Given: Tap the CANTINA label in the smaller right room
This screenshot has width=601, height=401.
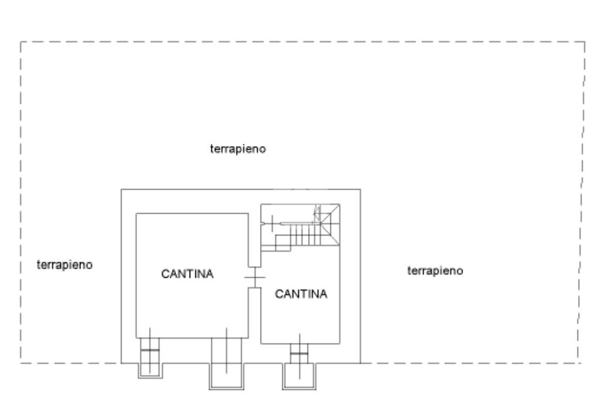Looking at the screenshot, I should pyautogui.click(x=300, y=294).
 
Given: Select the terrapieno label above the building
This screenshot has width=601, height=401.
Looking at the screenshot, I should pyautogui.click(x=238, y=149).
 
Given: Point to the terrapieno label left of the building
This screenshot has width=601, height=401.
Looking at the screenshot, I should pyautogui.click(x=65, y=265).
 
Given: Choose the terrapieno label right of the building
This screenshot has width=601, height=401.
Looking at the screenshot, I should pyautogui.click(x=435, y=271).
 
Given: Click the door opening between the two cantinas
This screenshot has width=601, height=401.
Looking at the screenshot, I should pyautogui.click(x=255, y=277).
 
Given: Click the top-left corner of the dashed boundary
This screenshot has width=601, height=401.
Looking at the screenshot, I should pyautogui.click(x=21, y=42).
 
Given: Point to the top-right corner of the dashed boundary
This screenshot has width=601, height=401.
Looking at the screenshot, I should pyautogui.click(x=585, y=42).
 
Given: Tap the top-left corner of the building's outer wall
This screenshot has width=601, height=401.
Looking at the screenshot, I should pyautogui.click(x=121, y=189).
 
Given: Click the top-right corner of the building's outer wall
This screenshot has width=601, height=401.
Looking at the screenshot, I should pyautogui.click(x=360, y=189).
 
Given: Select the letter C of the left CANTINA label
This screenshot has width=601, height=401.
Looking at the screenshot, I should pyautogui.click(x=165, y=274).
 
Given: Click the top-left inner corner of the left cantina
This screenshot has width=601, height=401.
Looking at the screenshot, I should pyautogui.click(x=137, y=214).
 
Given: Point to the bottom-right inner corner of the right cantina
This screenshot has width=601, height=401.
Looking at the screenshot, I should pyautogui.click(x=340, y=343).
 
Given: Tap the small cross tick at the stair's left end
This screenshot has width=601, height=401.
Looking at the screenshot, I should pyautogui.click(x=271, y=223).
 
